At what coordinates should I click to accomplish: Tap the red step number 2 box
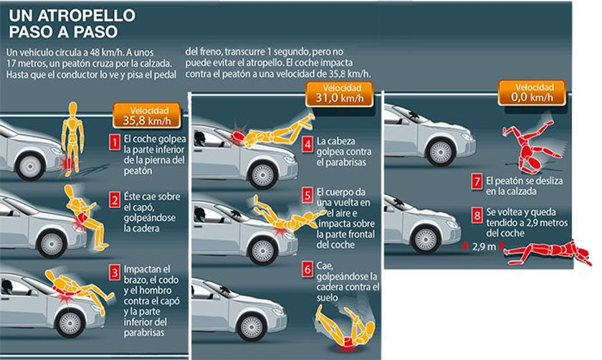click(x=114, y=199)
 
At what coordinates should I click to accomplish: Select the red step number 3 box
click(x=114, y=273)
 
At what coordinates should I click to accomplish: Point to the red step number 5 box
click(x=306, y=194)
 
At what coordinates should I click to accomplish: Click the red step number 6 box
click(x=306, y=268)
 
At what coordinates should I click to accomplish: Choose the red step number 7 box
click(x=476, y=182)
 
